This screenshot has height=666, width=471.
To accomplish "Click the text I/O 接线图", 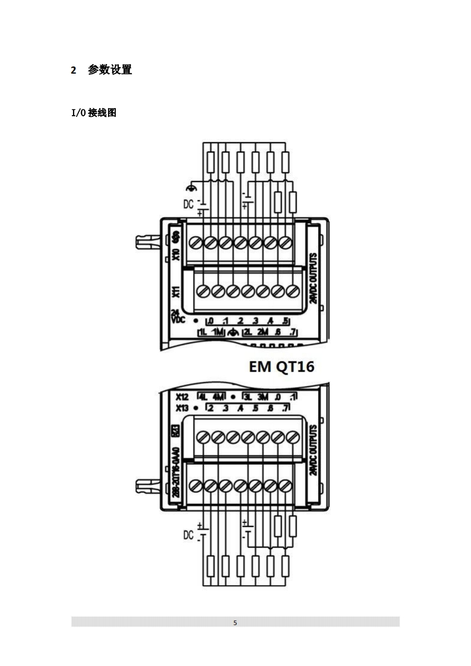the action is point(93,113).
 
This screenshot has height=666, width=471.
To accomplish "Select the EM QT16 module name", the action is point(282,367).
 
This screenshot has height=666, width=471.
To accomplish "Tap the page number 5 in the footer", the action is point(235,623).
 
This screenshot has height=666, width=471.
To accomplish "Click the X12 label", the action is point(182,396).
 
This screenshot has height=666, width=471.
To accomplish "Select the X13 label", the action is point(182,408).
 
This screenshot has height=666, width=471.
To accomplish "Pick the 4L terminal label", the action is point(203,396).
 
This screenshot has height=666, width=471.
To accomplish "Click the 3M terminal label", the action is point(264,396).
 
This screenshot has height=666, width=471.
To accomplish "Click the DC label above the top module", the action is point(188,204).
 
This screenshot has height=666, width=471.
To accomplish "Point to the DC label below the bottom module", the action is point(188,535).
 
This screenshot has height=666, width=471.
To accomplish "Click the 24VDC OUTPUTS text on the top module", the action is point(313,278).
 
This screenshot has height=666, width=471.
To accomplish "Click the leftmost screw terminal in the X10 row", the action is point(195,242).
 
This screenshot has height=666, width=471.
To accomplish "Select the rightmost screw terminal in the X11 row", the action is point(292,291).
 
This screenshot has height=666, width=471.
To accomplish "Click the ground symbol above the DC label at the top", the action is point(191,187).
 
